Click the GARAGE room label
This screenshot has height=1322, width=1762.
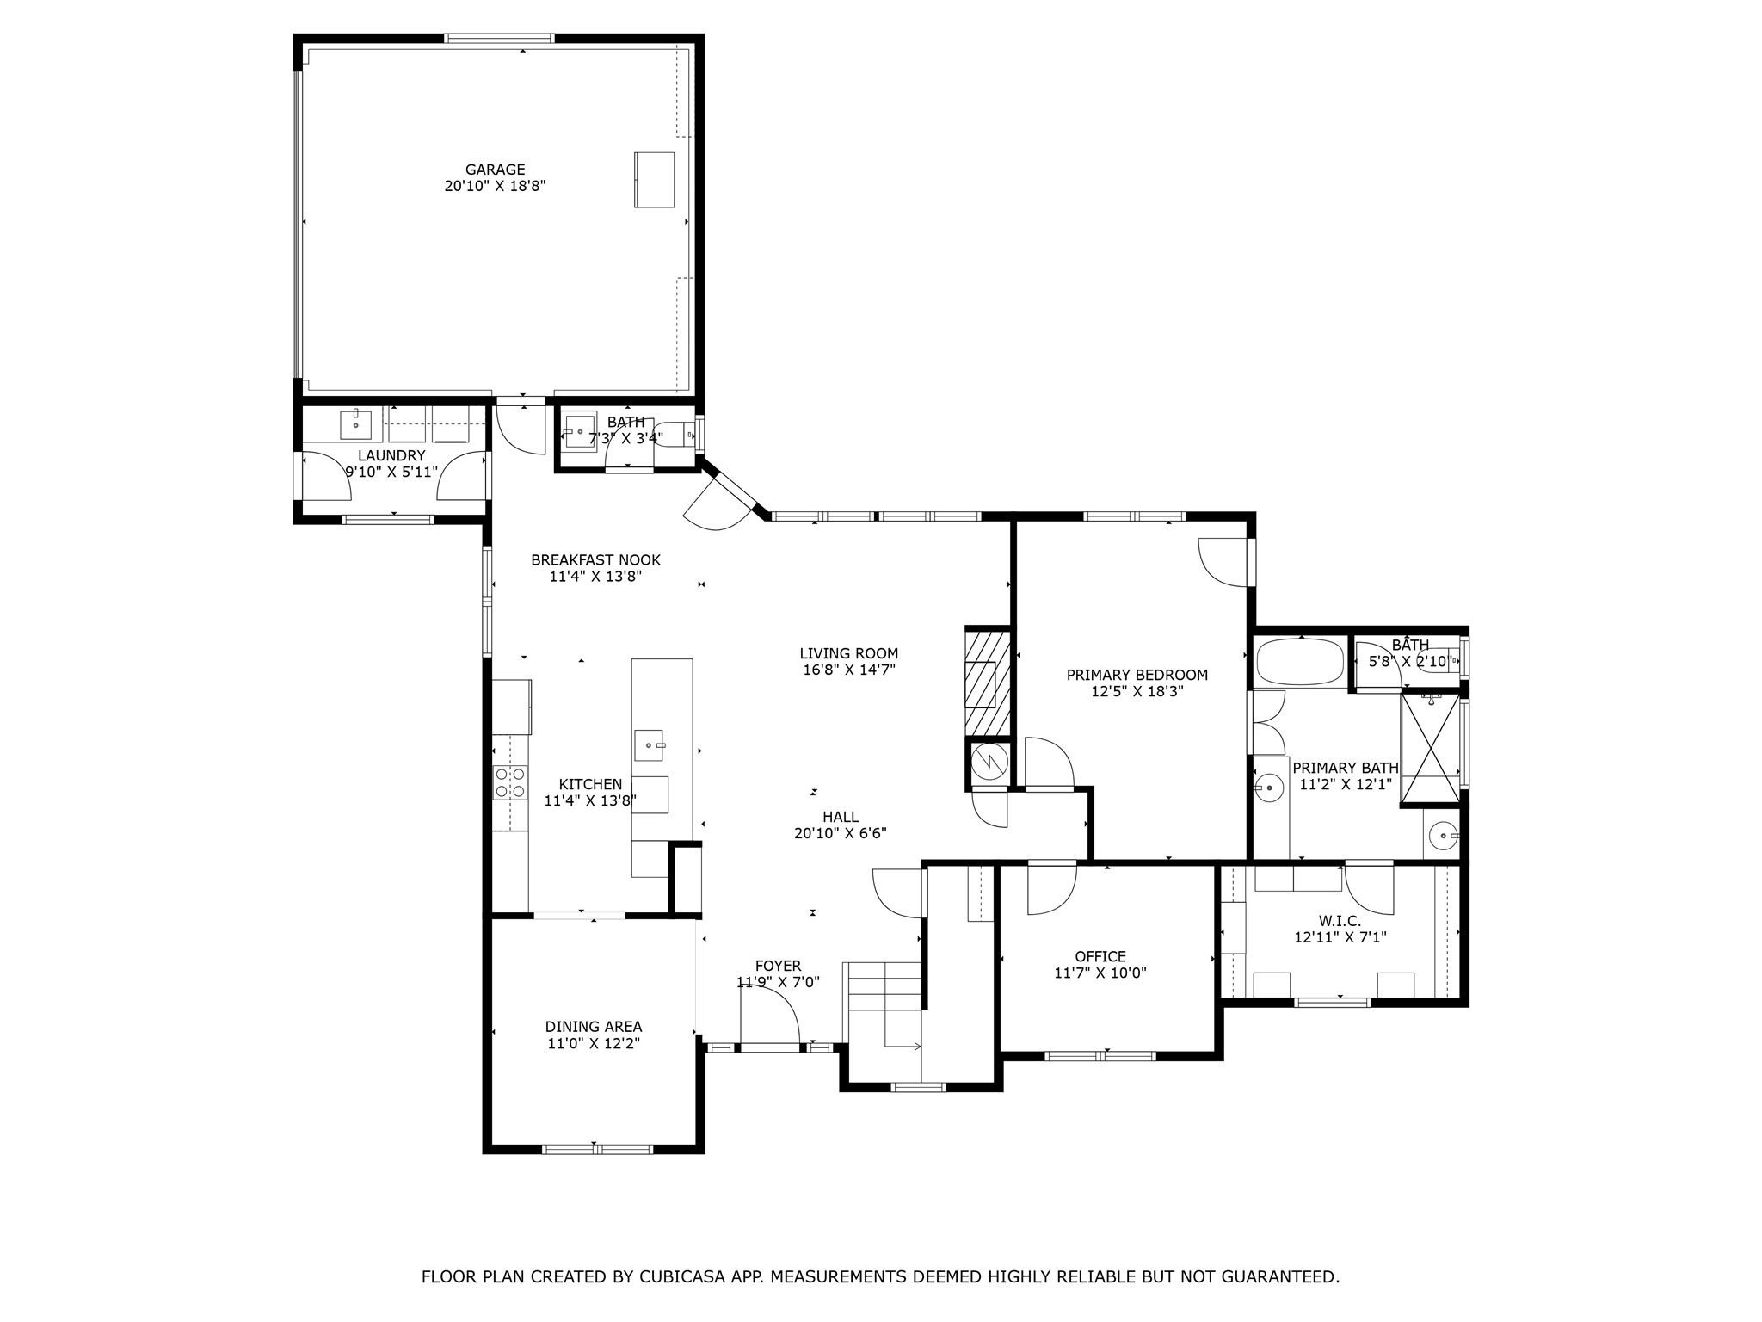pyautogui.click(x=495, y=170)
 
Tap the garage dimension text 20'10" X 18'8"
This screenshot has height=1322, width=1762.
pyautogui.click(x=495, y=186)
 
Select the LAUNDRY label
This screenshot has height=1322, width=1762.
pyautogui.click(x=391, y=455)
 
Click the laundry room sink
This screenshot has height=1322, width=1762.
pyautogui.click(x=355, y=423)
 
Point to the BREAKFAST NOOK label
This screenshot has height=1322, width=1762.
pyautogui.click(x=595, y=560)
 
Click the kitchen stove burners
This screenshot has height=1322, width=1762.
pyautogui.click(x=509, y=781)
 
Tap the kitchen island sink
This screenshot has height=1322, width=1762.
pyautogui.click(x=650, y=744)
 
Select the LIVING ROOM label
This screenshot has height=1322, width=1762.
pyautogui.click(x=848, y=653)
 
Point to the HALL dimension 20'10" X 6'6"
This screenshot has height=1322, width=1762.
pyautogui.click(x=840, y=833)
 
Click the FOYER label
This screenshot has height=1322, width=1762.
pyautogui.click(x=778, y=967)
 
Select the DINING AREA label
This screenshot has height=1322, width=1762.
pyautogui.click(x=593, y=1027)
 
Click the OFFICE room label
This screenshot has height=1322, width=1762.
pyautogui.click(x=1100, y=957)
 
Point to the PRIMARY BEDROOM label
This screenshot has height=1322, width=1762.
pyautogui.click(x=1137, y=675)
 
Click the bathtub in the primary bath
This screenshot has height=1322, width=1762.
pyautogui.click(x=1299, y=662)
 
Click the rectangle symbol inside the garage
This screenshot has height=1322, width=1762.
pyautogui.click(x=654, y=179)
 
